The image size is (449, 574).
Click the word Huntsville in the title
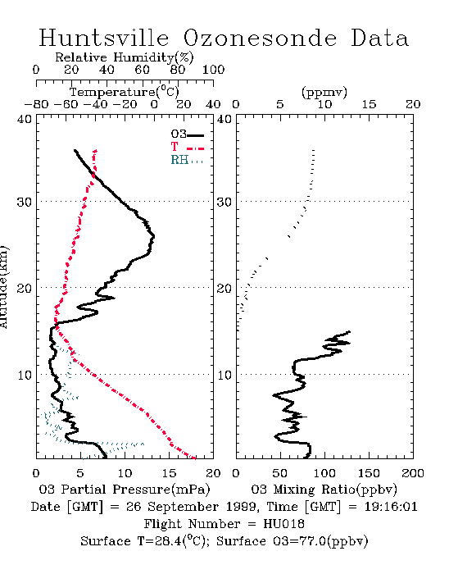tap(104, 38)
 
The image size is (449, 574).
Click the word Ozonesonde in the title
tap(260, 38)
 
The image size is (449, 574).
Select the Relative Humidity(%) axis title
tap(125, 57)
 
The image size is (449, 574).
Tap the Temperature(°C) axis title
tap(125, 92)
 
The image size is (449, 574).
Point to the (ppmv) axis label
tap(324, 92)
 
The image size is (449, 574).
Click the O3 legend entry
tap(187, 134)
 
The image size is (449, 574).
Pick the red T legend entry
tap(187, 147)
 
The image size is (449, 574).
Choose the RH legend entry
tap(187, 160)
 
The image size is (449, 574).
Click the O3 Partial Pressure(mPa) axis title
tap(125, 490)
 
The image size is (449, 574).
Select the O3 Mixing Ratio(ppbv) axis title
tap(324, 490)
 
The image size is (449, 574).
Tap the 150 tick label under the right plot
tap(369, 473)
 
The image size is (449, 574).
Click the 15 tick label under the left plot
tap(169, 473)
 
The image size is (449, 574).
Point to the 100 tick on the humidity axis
tap(213, 70)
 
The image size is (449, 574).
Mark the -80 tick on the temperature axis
tap(37, 104)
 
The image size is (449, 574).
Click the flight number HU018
tap(283, 524)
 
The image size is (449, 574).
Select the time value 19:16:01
tap(391, 507)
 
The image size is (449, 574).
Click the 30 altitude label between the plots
tap(224, 202)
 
